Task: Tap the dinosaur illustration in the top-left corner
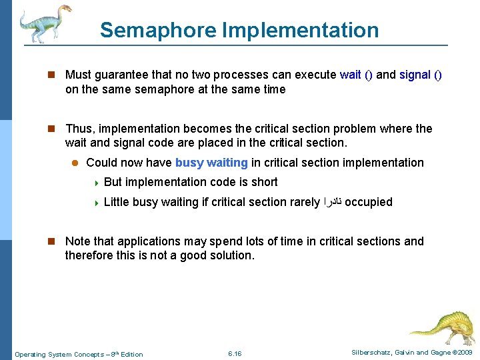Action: [43, 23]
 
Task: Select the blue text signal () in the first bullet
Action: [420, 75]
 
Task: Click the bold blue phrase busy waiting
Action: [211, 163]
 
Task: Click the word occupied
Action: [368, 202]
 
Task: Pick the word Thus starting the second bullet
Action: [78, 129]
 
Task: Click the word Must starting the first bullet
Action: [79, 75]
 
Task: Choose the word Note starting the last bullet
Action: [78, 241]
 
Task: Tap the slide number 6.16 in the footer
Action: [235, 353]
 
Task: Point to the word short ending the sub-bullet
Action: [264, 182]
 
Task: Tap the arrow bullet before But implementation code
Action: [96, 183]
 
